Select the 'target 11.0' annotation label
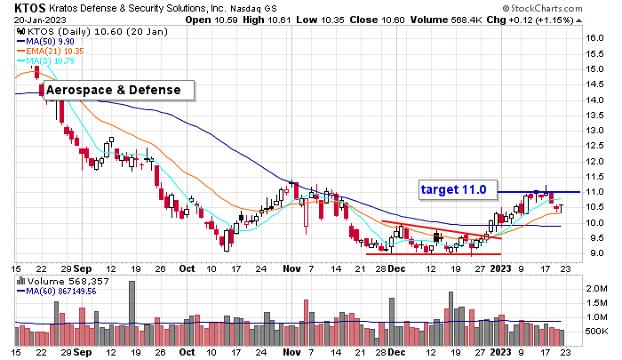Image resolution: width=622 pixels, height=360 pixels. [x=453, y=189]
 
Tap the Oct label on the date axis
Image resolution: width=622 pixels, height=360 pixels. [x=186, y=267]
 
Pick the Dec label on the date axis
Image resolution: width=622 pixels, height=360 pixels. [x=397, y=267]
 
